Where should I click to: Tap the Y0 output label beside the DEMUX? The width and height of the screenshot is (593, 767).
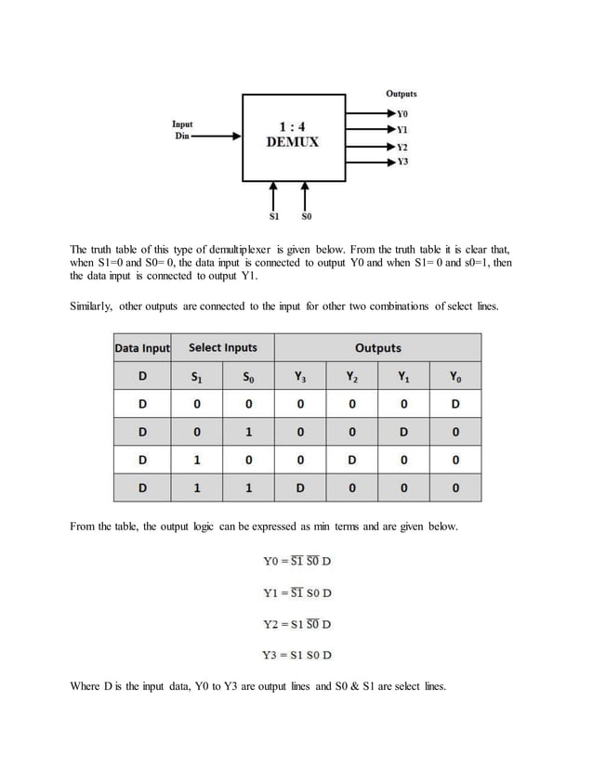pyautogui.click(x=402, y=112)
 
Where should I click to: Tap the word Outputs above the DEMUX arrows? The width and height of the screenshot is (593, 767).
pyautogui.click(x=402, y=94)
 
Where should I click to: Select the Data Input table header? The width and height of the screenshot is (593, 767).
pyautogui.click(x=142, y=348)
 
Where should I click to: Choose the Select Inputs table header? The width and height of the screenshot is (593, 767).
pyautogui.click(x=223, y=348)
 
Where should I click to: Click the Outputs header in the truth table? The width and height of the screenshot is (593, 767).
pyautogui.click(x=377, y=348)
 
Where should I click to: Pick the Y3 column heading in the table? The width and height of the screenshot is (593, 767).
pyautogui.click(x=299, y=377)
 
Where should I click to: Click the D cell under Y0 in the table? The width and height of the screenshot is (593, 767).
pyautogui.click(x=455, y=405)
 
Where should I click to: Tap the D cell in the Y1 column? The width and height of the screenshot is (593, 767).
pyautogui.click(x=402, y=433)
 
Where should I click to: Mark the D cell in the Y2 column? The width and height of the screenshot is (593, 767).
pyautogui.click(x=350, y=461)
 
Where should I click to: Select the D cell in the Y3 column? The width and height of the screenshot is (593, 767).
pyautogui.click(x=299, y=488)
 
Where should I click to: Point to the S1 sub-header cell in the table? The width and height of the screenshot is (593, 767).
pyautogui.click(x=195, y=377)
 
